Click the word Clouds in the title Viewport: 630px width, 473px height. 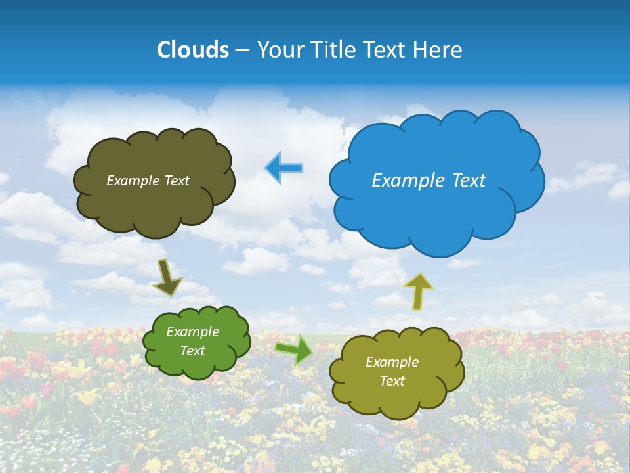click(x=193, y=50)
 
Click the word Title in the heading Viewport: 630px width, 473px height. click(x=331, y=50)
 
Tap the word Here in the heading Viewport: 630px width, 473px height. click(x=439, y=50)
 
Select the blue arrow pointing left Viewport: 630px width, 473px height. click(x=283, y=168)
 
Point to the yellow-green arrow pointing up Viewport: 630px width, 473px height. click(x=419, y=291)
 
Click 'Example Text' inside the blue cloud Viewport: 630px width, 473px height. click(x=429, y=181)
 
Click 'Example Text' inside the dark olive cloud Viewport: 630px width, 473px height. click(x=148, y=181)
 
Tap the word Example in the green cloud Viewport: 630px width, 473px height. click(x=192, y=332)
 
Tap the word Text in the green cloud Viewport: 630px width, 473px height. click(x=192, y=351)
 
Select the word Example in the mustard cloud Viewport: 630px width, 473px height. click(x=392, y=362)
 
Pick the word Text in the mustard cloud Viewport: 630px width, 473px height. click(x=392, y=381)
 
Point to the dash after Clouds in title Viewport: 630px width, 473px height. click(x=241, y=51)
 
